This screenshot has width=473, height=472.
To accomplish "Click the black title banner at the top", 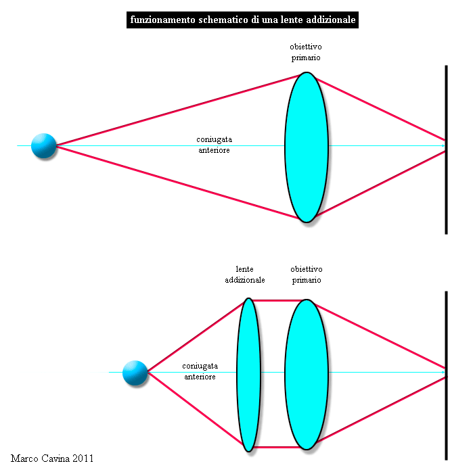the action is [242, 20].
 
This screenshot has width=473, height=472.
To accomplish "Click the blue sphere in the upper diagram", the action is [44, 146].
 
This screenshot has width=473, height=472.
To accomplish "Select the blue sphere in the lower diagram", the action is [135, 373].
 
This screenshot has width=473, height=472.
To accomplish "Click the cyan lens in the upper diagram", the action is [307, 147].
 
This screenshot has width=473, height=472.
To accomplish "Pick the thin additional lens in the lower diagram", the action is [248, 375].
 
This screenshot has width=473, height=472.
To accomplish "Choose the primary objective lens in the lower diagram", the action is [307, 375].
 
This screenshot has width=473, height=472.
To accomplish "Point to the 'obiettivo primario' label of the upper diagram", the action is [306, 52].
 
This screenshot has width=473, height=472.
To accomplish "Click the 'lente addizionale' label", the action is [245, 275].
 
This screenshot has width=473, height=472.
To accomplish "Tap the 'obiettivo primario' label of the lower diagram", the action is [307, 275].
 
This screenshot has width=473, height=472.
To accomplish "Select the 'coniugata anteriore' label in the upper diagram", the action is [215, 145].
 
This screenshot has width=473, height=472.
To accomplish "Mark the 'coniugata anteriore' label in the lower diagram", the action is [200, 371].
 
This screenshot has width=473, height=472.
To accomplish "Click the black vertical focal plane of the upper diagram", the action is [446, 150].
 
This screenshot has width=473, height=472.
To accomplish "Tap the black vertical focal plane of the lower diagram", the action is [446, 375].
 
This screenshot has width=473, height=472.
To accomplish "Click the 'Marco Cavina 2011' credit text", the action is [52, 458].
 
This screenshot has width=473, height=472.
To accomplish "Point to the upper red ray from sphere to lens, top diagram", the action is [179, 110].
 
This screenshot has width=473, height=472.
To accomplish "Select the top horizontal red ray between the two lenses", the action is [277, 300].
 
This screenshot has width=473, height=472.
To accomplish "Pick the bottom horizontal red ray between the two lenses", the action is [277, 447].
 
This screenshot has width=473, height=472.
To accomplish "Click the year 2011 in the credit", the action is [83, 458].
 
